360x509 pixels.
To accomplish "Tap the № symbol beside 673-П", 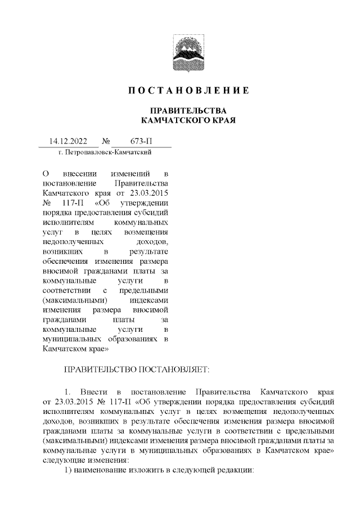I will pyautogui.click(x=106, y=141).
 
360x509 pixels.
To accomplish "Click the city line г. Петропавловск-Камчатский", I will pyautogui.click(x=104, y=152).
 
